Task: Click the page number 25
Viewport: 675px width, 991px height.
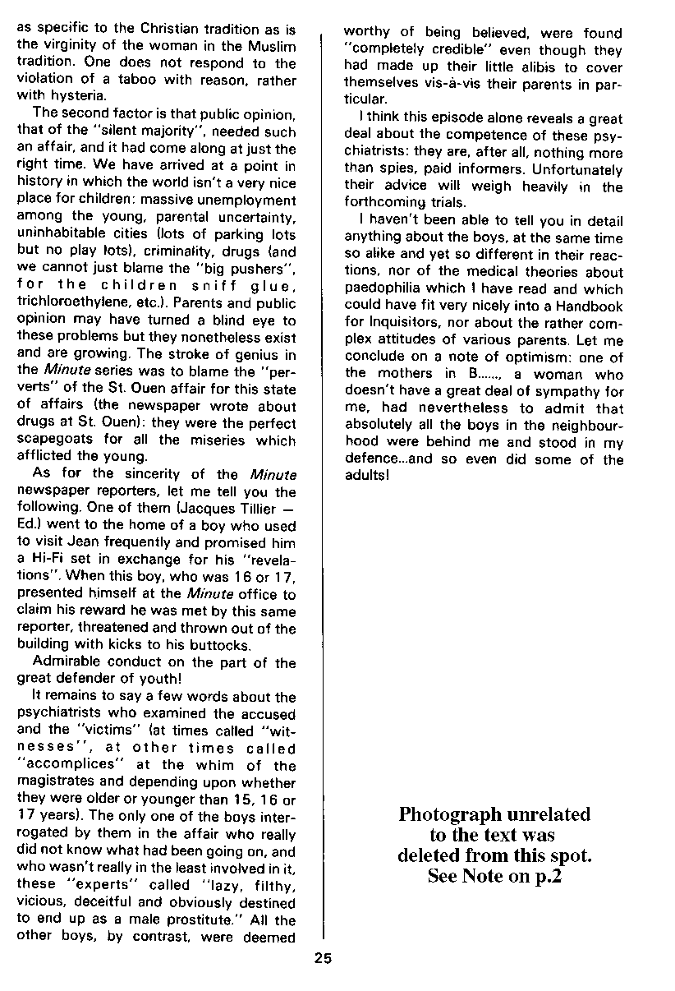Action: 323,956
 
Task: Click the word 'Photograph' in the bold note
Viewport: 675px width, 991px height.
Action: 448,814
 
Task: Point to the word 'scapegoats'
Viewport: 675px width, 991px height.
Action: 53,440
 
